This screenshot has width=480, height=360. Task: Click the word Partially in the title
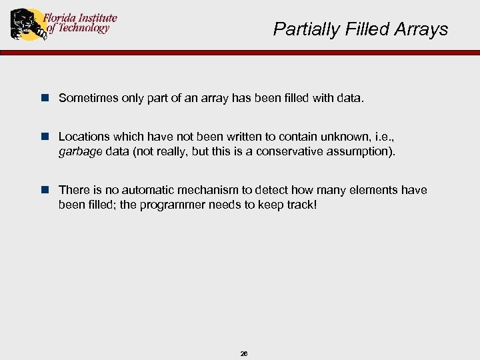point(301,29)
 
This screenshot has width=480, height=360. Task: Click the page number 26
point(244,353)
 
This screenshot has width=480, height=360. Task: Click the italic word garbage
point(81,151)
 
